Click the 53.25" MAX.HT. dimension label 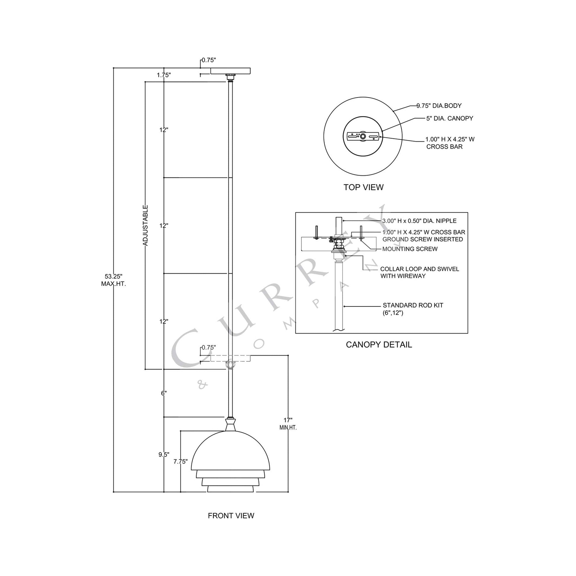pos(113,280)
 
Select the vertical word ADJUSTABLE pos(145,225)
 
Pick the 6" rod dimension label pos(164,393)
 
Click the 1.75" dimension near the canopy pos(164,75)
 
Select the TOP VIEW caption pos(363,187)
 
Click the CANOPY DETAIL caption pos(379,345)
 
